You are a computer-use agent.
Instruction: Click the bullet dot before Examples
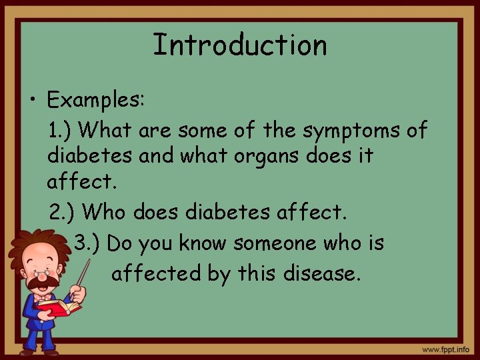32,101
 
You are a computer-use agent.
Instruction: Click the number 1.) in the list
63,129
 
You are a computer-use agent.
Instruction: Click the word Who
108,213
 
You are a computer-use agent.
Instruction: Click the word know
203,243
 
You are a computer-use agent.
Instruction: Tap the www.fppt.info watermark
445,349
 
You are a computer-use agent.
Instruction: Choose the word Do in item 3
120,243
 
